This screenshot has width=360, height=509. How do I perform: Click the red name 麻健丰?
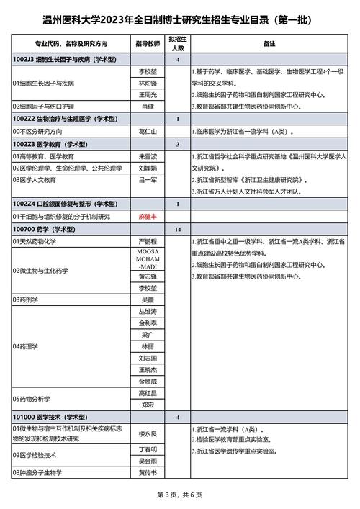[148, 216]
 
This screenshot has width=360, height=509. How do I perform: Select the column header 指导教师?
[148, 44]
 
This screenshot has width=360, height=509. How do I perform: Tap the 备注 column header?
[269, 44]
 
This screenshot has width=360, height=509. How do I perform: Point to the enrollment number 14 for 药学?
[177, 228]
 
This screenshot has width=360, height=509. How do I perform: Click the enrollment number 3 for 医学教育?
[177, 144]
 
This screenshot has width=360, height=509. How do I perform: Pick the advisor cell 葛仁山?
[148, 132]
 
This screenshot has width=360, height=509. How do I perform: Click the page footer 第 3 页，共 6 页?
[180, 495]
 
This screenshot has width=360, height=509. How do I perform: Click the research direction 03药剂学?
[28, 298]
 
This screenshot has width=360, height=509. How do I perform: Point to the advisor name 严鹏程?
[148, 240]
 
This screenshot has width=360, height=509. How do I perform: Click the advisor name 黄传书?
[148, 472]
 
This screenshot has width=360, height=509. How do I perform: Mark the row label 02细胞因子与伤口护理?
[49, 107]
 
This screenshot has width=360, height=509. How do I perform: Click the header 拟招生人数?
[177, 44]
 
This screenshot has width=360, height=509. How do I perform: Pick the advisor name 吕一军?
[148, 180]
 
